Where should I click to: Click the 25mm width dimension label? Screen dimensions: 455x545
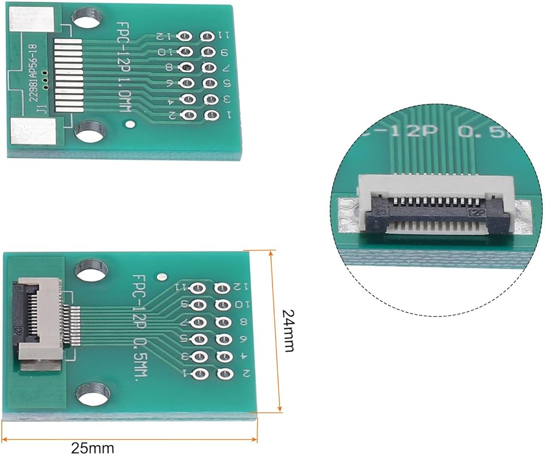pyautogui.click(x=93, y=448)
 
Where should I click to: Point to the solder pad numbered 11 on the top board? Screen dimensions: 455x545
pyautogui.click(x=208, y=37)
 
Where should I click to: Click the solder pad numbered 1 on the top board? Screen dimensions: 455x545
pyautogui.click(x=211, y=115)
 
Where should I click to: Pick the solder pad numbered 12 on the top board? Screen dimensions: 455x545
pyautogui.click(x=185, y=37)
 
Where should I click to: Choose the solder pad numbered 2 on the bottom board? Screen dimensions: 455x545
pyautogui.click(x=223, y=373)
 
